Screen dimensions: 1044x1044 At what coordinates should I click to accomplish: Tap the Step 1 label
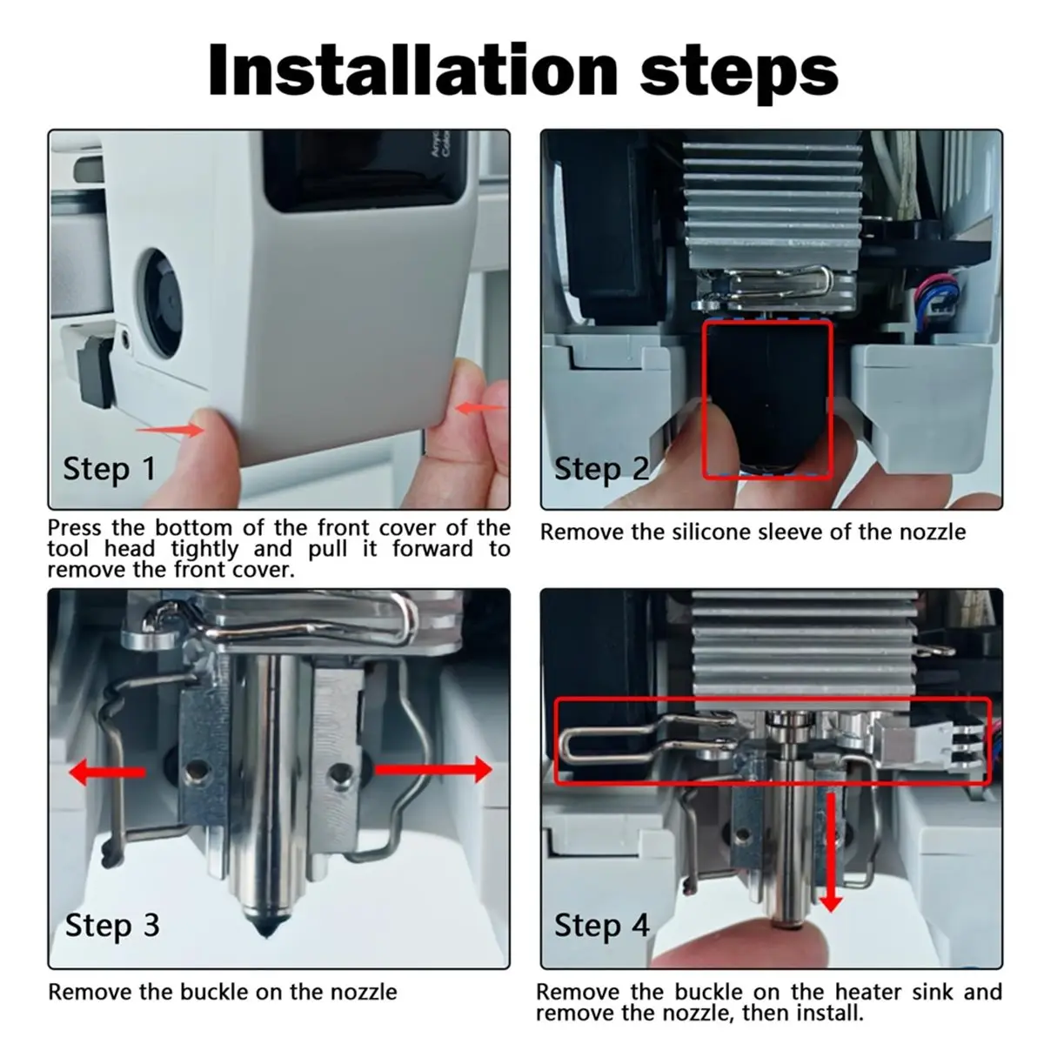[x=110, y=469]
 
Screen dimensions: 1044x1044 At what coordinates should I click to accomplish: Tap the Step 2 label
[x=601, y=469]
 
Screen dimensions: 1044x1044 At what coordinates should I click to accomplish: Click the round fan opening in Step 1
[x=163, y=304]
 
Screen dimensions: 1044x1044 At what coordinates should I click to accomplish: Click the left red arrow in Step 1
[x=170, y=430]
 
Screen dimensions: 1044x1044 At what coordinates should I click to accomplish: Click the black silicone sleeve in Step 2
[x=767, y=399]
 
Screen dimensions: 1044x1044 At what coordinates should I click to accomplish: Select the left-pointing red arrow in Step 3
[x=107, y=772]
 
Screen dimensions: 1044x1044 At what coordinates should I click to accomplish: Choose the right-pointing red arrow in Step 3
[x=433, y=769]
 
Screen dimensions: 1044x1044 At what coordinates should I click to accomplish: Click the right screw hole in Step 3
[x=339, y=771]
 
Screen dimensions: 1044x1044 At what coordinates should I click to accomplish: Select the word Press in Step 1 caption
[x=74, y=527]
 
